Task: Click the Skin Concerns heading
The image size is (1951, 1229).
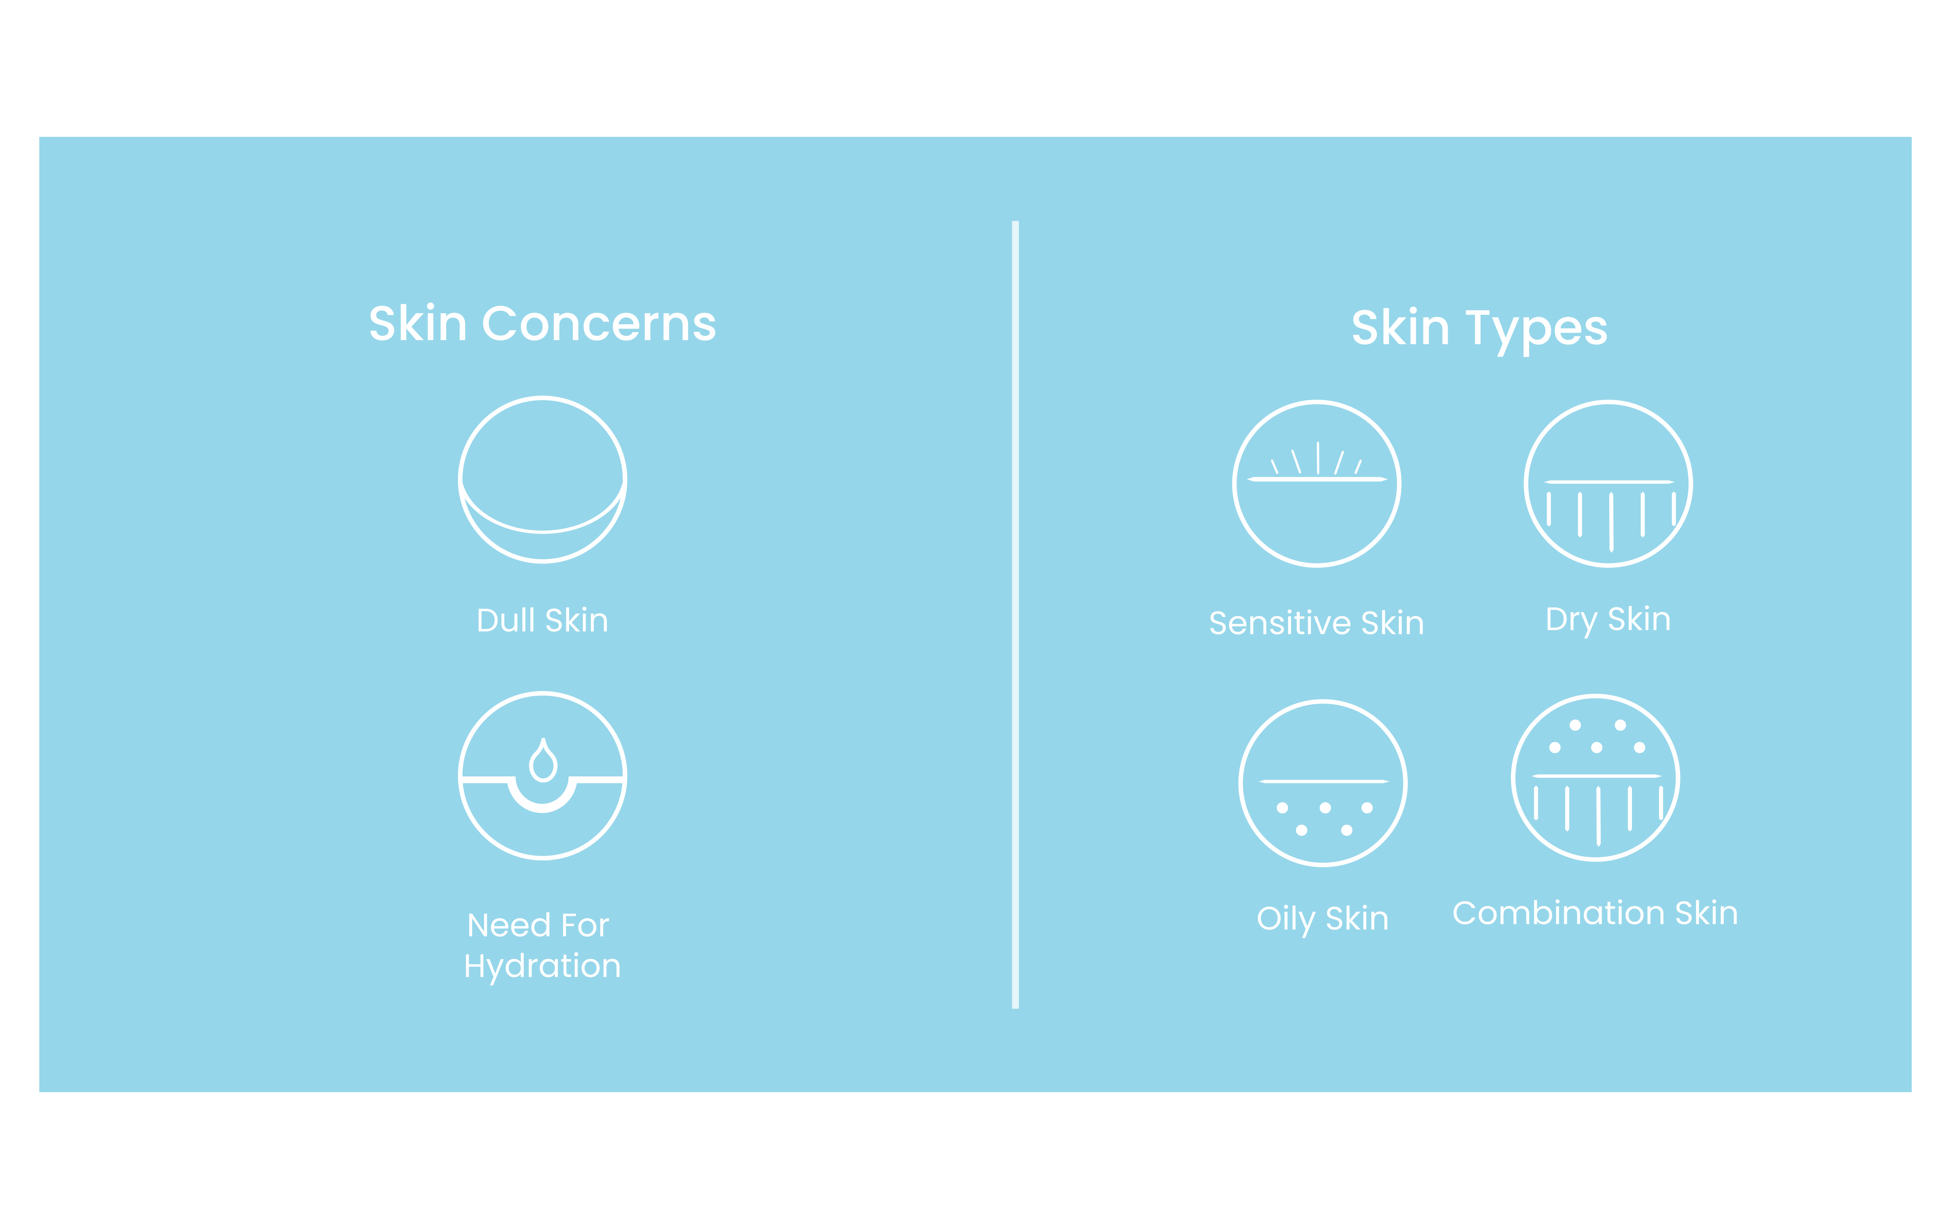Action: click(x=542, y=324)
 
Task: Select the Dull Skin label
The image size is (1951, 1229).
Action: click(x=542, y=621)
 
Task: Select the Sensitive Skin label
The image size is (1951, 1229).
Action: click(x=1317, y=623)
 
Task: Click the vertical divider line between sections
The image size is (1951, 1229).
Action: click(x=1015, y=614)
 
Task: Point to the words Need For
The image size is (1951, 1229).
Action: click(x=538, y=925)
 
